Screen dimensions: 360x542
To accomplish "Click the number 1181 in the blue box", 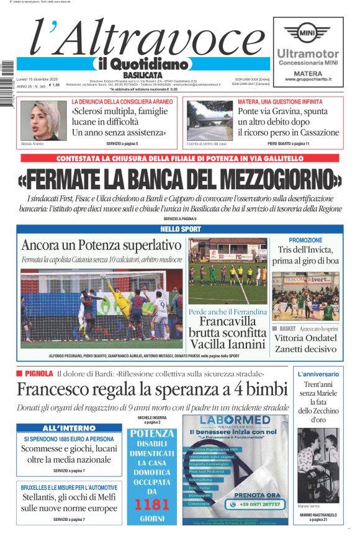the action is click(151, 504).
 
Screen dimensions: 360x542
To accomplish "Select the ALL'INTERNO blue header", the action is click(69, 428).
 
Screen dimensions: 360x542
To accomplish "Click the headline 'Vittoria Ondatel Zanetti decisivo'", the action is click(306, 344).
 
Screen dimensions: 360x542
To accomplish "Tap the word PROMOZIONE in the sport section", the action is click(305, 240).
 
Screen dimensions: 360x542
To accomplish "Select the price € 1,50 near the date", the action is click(55, 85).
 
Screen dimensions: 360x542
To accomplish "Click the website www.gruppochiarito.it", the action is click(308, 79).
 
